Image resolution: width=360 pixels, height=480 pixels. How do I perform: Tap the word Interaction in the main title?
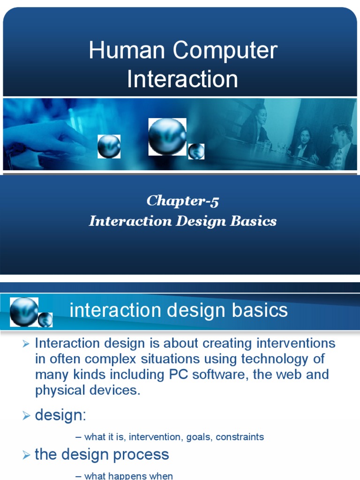(x=182, y=79)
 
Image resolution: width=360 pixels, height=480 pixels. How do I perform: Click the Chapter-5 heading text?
(x=182, y=201)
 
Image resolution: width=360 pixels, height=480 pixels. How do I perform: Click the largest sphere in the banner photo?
(x=167, y=136)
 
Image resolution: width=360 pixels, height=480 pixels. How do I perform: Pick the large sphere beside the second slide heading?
(x=23, y=311)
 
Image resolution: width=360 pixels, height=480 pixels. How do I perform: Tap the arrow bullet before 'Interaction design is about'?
(x=26, y=345)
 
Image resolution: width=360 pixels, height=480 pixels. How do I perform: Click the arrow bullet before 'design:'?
(x=26, y=416)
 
